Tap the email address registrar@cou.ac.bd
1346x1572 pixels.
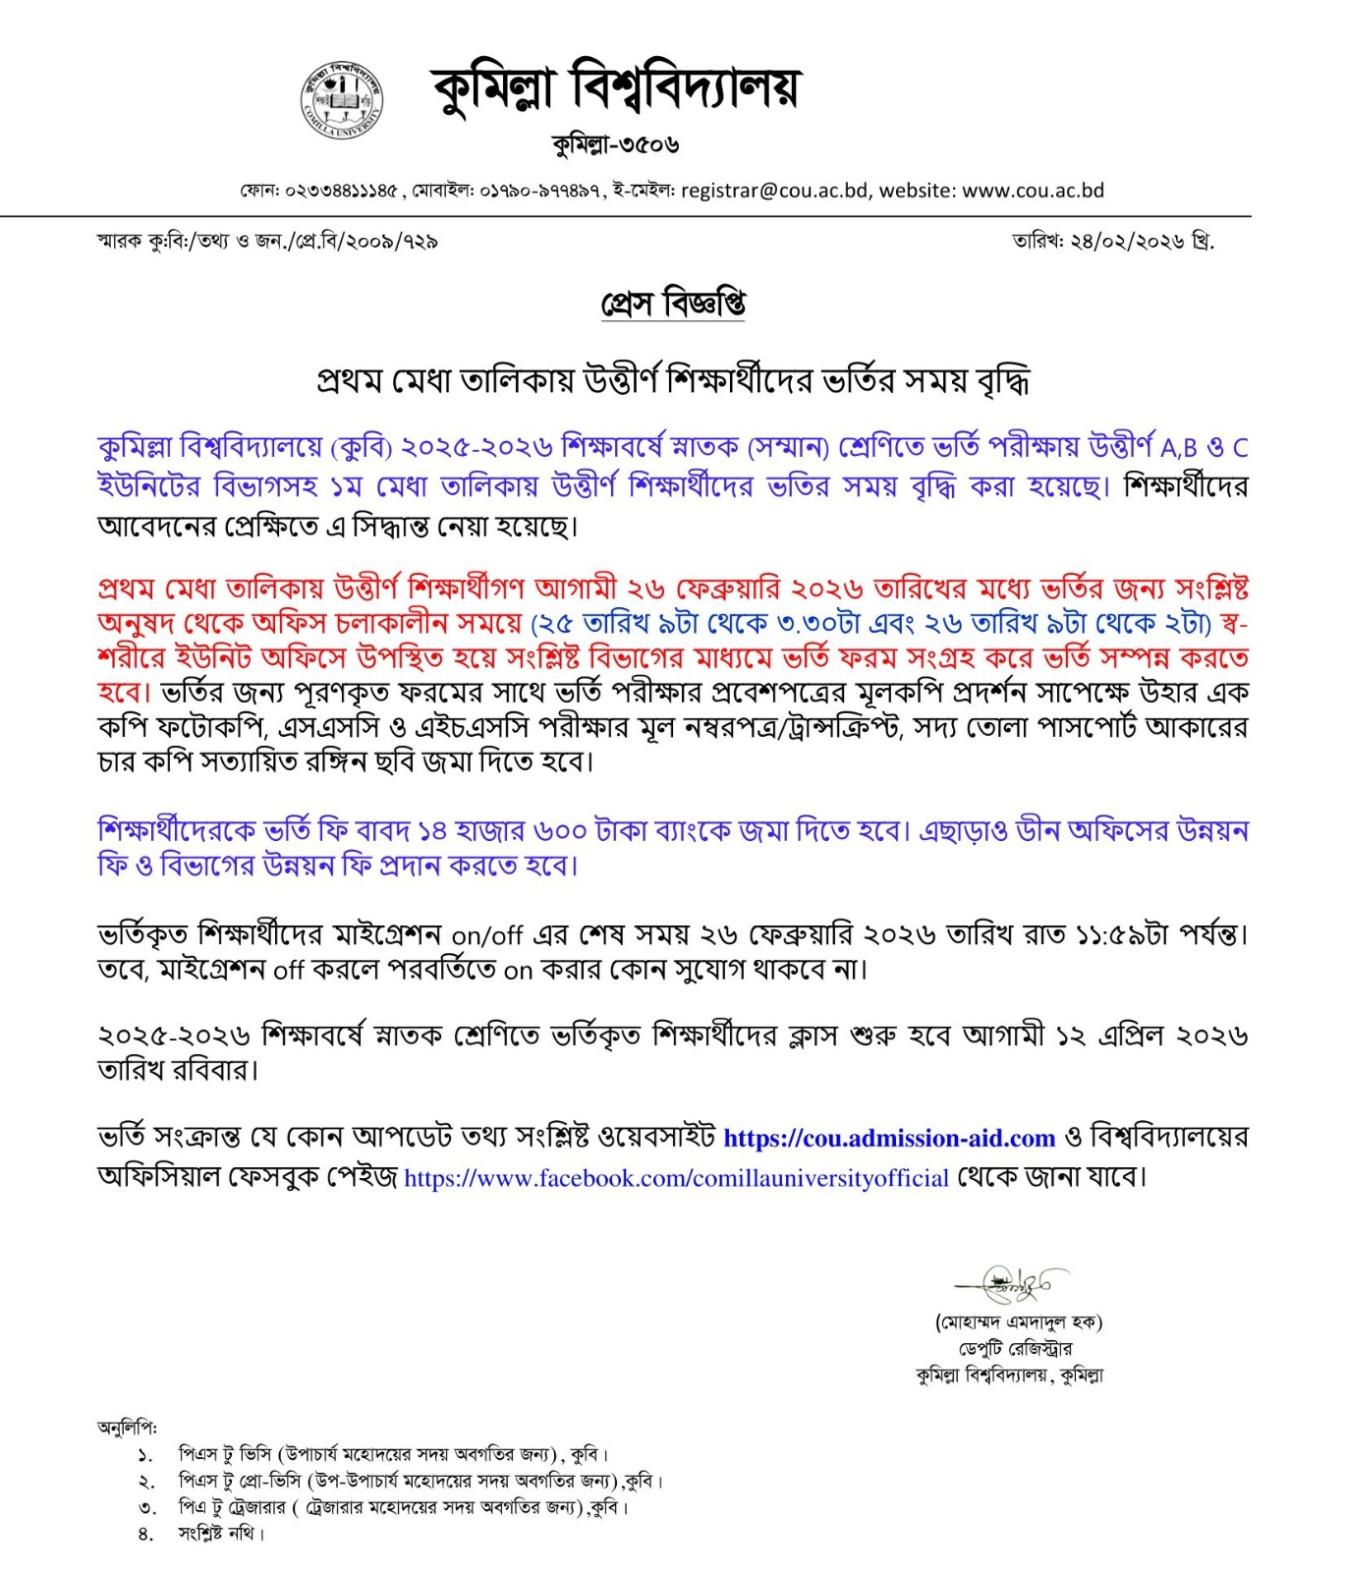(774, 190)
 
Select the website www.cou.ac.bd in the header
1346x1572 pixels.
(1033, 190)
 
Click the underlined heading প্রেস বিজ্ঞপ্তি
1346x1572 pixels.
(673, 303)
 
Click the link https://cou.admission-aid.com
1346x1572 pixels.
(889, 1138)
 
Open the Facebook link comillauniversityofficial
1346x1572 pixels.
(676, 1178)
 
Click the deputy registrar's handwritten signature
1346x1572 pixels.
(1012, 1283)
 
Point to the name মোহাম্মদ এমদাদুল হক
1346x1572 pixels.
(1019, 1321)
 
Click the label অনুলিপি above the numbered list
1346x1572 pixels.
(127, 1427)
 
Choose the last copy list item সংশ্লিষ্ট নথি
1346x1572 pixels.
(220, 1533)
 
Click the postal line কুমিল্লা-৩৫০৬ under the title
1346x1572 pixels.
(616, 144)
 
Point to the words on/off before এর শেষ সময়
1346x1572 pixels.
(487, 934)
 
